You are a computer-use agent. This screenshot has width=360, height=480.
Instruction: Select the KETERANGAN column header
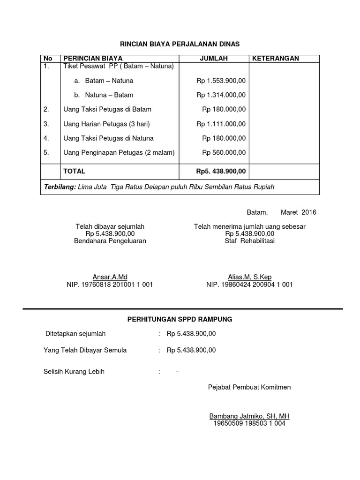pos(276,58)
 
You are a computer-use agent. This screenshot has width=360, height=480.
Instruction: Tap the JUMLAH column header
pos(214,58)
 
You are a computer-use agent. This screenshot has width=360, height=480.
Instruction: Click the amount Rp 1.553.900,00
pos(221,81)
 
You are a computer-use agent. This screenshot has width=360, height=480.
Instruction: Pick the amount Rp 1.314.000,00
pos(221,95)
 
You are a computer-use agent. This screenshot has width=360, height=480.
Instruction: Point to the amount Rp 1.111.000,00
pos(221,124)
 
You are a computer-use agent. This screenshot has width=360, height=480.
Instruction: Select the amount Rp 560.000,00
pos(224,152)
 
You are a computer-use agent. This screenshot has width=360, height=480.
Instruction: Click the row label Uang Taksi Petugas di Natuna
pos(108,138)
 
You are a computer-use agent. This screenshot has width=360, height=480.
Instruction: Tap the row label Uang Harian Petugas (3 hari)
pos(106,124)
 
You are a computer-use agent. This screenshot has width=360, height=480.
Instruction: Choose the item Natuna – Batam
pos(109,95)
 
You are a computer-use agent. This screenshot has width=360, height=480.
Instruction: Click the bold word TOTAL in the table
pos(75,172)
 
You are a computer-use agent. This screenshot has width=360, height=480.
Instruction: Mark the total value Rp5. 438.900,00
pos(221,172)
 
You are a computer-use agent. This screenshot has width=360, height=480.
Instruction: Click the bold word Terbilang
pos(60,187)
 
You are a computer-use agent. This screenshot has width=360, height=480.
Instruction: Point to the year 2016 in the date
pos(308,212)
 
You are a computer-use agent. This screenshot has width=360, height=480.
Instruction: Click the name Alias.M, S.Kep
pos(250,277)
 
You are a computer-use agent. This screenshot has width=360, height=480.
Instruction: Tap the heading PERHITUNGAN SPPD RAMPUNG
pos(180,319)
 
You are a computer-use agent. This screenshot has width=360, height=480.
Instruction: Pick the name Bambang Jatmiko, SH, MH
pos(249,416)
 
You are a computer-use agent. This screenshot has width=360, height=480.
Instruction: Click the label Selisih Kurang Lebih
pos(74,372)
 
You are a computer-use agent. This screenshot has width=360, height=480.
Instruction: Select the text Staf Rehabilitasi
pos(250,241)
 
